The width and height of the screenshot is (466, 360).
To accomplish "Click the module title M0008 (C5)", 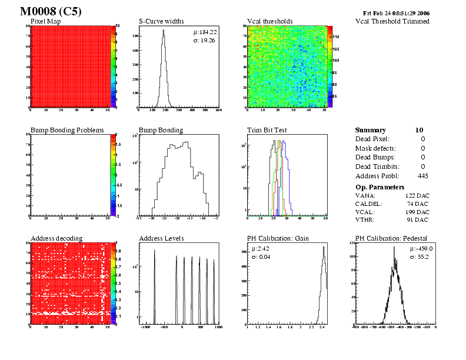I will coord(50,11).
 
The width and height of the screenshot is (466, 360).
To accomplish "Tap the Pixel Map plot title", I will coord(45,21).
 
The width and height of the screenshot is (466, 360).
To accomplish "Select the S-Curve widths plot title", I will coord(161,21).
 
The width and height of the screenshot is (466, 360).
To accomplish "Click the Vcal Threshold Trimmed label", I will coord(392,21).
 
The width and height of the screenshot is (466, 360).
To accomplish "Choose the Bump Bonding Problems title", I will coord(67,130).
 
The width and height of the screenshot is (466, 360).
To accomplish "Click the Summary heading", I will coord(371,130).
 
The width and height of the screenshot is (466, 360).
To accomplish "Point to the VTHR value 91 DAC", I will coord(418,221).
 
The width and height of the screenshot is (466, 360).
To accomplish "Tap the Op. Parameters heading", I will coord(381,186).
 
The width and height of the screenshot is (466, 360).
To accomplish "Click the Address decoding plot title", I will coord(56,238).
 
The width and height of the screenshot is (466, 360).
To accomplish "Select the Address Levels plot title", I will coord(161,238).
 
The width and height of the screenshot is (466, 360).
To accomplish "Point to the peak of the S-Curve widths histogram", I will coord(164,31).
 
